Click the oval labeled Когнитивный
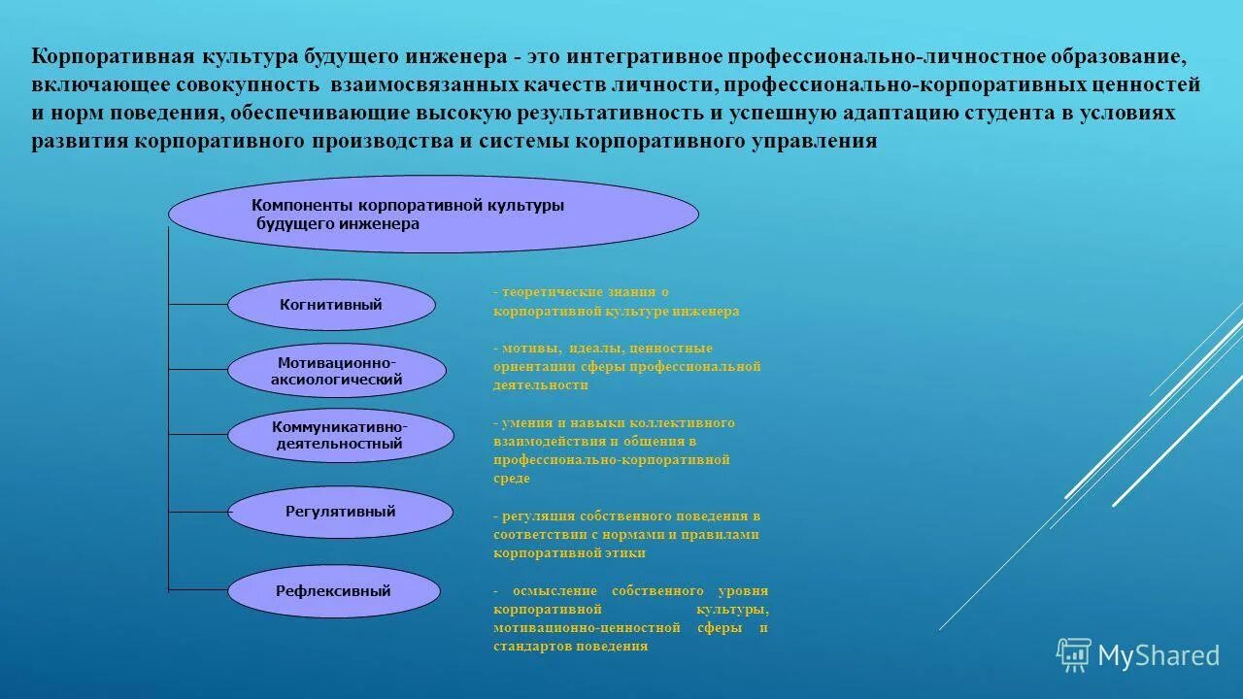point(331,305)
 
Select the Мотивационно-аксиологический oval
point(336,371)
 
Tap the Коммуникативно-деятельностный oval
point(340,435)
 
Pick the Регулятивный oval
point(340,512)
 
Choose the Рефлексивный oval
point(333,590)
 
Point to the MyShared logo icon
point(1073,655)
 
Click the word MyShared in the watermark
point(1159,656)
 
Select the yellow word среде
point(512,479)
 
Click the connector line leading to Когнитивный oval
point(198,305)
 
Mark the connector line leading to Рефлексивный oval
point(198,589)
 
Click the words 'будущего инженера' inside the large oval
point(338,224)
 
